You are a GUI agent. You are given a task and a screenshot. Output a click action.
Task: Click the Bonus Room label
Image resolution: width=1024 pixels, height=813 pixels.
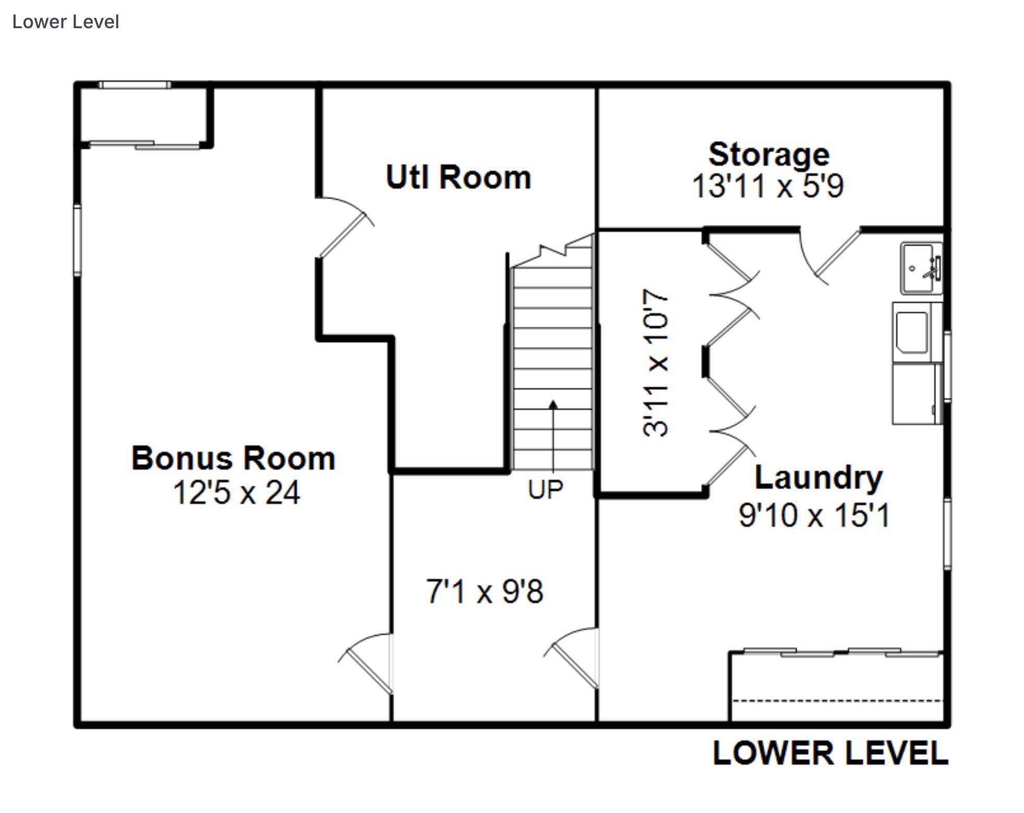coord(233,459)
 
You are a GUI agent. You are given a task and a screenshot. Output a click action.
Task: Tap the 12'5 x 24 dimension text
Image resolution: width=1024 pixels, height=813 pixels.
coord(236,492)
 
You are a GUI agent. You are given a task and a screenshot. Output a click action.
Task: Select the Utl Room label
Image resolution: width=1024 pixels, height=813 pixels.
coord(458,177)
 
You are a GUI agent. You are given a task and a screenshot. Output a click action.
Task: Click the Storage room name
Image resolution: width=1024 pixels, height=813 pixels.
coord(769,154)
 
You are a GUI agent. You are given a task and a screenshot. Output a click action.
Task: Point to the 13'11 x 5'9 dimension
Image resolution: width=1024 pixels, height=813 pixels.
coord(767,186)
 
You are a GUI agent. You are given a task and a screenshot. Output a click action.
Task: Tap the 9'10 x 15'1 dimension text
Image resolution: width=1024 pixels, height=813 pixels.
coord(814,515)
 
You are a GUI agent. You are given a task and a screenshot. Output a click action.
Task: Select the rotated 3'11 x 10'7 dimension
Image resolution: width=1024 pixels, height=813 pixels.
coord(655,363)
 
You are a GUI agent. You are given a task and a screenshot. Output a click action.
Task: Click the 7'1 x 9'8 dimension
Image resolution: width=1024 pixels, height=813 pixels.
coord(485,592)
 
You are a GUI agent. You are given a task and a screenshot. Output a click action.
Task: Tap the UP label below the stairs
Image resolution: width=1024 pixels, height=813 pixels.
coord(545,490)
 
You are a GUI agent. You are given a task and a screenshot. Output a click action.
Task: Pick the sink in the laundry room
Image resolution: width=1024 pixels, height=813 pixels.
coord(921,268)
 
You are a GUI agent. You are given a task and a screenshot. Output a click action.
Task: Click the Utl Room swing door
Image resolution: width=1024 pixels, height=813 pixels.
coord(345,228)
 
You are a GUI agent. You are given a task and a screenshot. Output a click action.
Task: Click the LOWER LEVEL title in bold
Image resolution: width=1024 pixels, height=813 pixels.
coord(830,754)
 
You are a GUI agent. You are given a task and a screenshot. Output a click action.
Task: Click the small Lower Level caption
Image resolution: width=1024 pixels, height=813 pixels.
coord(66,22)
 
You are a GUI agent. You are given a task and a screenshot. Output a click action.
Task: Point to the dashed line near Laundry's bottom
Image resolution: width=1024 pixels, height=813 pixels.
coord(838,700)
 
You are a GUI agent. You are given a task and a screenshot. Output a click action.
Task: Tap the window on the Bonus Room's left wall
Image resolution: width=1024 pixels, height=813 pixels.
coord(77,239)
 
